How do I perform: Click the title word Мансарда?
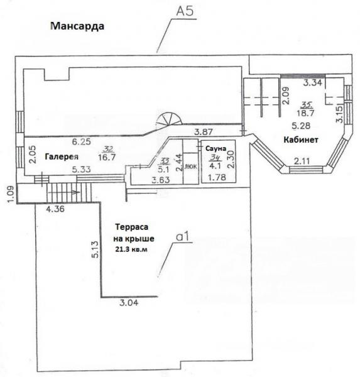(77, 26)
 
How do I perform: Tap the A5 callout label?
(185, 11)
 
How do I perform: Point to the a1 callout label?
(183, 238)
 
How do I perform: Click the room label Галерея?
(62, 156)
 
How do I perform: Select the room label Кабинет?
(301, 139)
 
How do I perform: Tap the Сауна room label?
(215, 148)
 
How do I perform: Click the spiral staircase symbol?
(169, 120)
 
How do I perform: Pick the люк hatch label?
(190, 167)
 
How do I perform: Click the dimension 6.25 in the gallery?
(82, 141)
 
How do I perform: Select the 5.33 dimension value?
(82, 170)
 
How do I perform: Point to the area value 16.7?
(107, 158)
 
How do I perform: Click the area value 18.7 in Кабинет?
(305, 113)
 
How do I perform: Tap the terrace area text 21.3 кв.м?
(131, 249)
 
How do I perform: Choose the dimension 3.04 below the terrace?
(129, 302)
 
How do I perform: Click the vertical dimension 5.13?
(95, 249)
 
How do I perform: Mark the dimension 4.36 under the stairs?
(55, 209)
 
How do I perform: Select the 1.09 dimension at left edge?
(11, 194)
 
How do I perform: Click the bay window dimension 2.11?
(302, 161)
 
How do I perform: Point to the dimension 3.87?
(204, 132)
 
